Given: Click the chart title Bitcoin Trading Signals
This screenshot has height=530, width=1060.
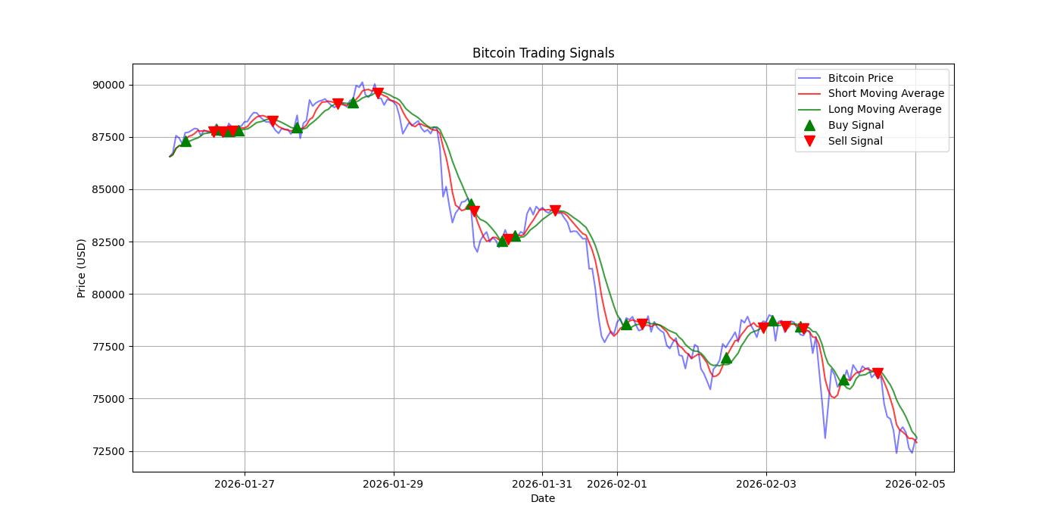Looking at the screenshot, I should pyautogui.click(x=543, y=53).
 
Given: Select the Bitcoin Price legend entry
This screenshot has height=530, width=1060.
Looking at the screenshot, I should pyautogui.click(x=860, y=78).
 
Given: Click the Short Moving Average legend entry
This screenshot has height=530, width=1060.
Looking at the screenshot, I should pyautogui.click(x=886, y=94).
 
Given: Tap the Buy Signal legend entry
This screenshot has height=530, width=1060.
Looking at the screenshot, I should pyautogui.click(x=856, y=125).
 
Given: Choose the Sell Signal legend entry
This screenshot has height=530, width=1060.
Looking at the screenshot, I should pyautogui.click(x=855, y=141).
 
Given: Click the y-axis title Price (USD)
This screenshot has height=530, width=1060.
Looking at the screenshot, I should pyautogui.click(x=81, y=268).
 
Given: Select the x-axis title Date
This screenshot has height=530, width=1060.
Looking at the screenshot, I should pyautogui.click(x=542, y=498).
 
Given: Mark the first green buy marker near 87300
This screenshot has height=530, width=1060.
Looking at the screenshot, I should pyautogui.click(x=185, y=141).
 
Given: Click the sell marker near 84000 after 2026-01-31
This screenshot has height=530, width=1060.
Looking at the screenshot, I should pyautogui.click(x=556, y=210).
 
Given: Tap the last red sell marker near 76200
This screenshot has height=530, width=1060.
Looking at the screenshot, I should pyautogui.click(x=878, y=373).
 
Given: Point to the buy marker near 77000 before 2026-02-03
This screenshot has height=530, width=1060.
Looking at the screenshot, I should pyautogui.click(x=726, y=358).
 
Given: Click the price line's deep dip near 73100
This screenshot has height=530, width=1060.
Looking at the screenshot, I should pyautogui.click(x=825, y=438).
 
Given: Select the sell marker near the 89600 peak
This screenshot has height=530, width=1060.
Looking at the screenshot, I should pyautogui.click(x=378, y=93).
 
